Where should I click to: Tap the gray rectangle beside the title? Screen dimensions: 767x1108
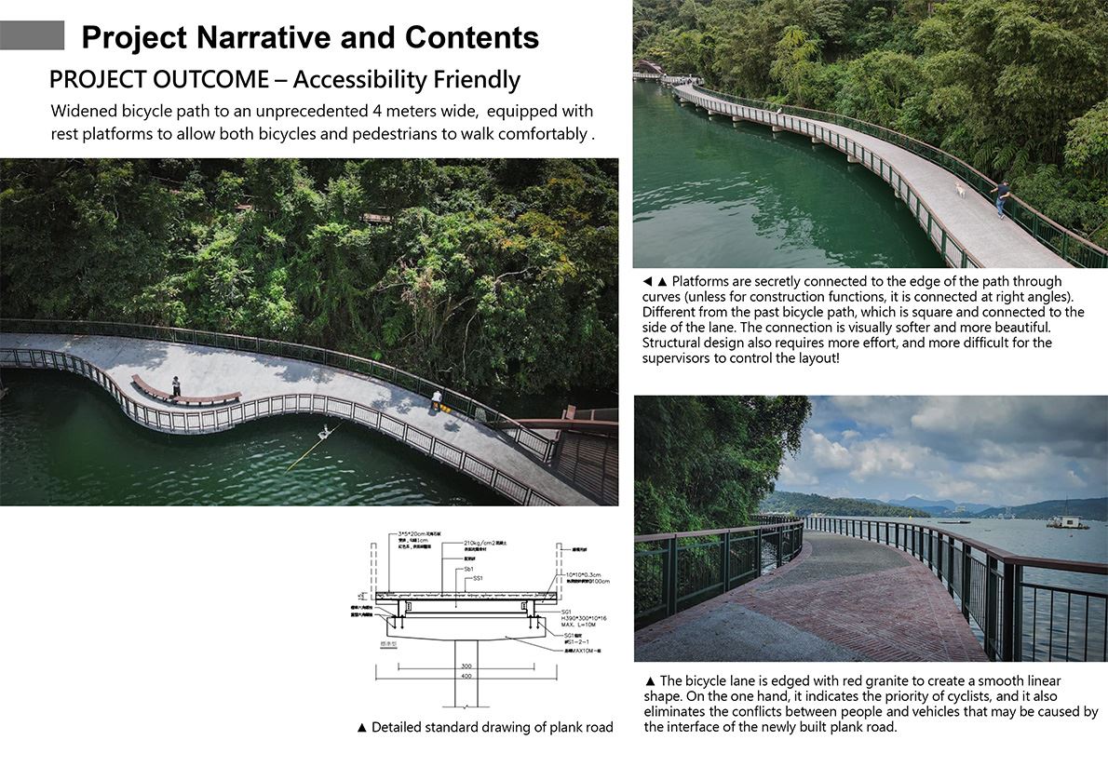(32, 35)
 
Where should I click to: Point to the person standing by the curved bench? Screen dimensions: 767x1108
(176, 385)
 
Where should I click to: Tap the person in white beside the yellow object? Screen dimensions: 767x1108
(436, 400)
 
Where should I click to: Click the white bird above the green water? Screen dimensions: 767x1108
(325, 431)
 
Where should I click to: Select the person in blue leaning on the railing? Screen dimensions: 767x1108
(1002, 197)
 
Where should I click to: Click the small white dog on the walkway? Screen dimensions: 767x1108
(959, 191)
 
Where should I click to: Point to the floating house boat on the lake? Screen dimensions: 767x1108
(1067, 521)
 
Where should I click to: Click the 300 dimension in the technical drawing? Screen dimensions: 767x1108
(466, 666)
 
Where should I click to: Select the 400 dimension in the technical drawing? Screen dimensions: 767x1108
(466, 677)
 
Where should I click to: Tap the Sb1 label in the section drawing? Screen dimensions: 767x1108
(469, 568)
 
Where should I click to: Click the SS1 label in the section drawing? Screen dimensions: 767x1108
(479, 578)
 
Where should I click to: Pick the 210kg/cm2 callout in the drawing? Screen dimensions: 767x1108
(484, 543)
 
